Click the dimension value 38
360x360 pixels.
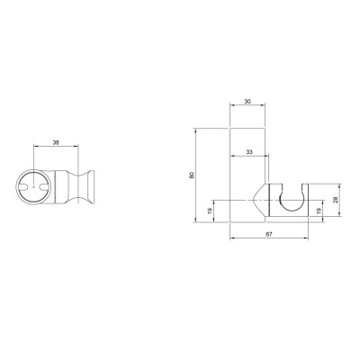pyautogui.click(x=56, y=142)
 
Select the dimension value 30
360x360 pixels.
pyautogui.click(x=247, y=102)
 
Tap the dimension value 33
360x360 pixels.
pyautogui.click(x=249, y=152)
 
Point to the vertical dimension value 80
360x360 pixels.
pyautogui.click(x=192, y=175)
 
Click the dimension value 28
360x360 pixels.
pyautogui.click(x=336, y=200)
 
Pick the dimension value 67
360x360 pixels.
pyautogui.click(x=269, y=234)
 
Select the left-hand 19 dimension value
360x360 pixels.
pyautogui.click(x=209, y=211)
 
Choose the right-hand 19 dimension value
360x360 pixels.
pyautogui.click(x=319, y=211)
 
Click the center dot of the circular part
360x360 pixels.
pyautogui.click(x=34, y=187)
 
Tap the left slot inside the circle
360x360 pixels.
pyautogui.click(x=23, y=187)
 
